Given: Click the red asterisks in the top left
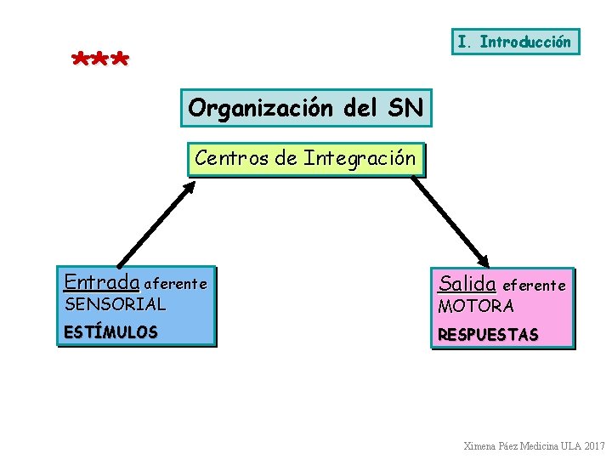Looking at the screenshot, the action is [x=100, y=60].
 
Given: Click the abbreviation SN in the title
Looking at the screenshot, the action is [x=406, y=108].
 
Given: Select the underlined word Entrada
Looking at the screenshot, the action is [x=101, y=281].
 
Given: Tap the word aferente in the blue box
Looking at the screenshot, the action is [x=175, y=283].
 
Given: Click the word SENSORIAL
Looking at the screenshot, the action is [x=115, y=303].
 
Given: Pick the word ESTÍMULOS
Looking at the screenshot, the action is [x=110, y=332].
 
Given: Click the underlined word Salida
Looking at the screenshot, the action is [x=467, y=283].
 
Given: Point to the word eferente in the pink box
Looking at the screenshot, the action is [x=535, y=286].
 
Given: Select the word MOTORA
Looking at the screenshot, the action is [x=475, y=306].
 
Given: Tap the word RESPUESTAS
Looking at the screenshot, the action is [x=487, y=335].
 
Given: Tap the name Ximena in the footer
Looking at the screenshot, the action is [x=481, y=445].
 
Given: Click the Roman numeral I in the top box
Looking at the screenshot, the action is [x=462, y=42].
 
